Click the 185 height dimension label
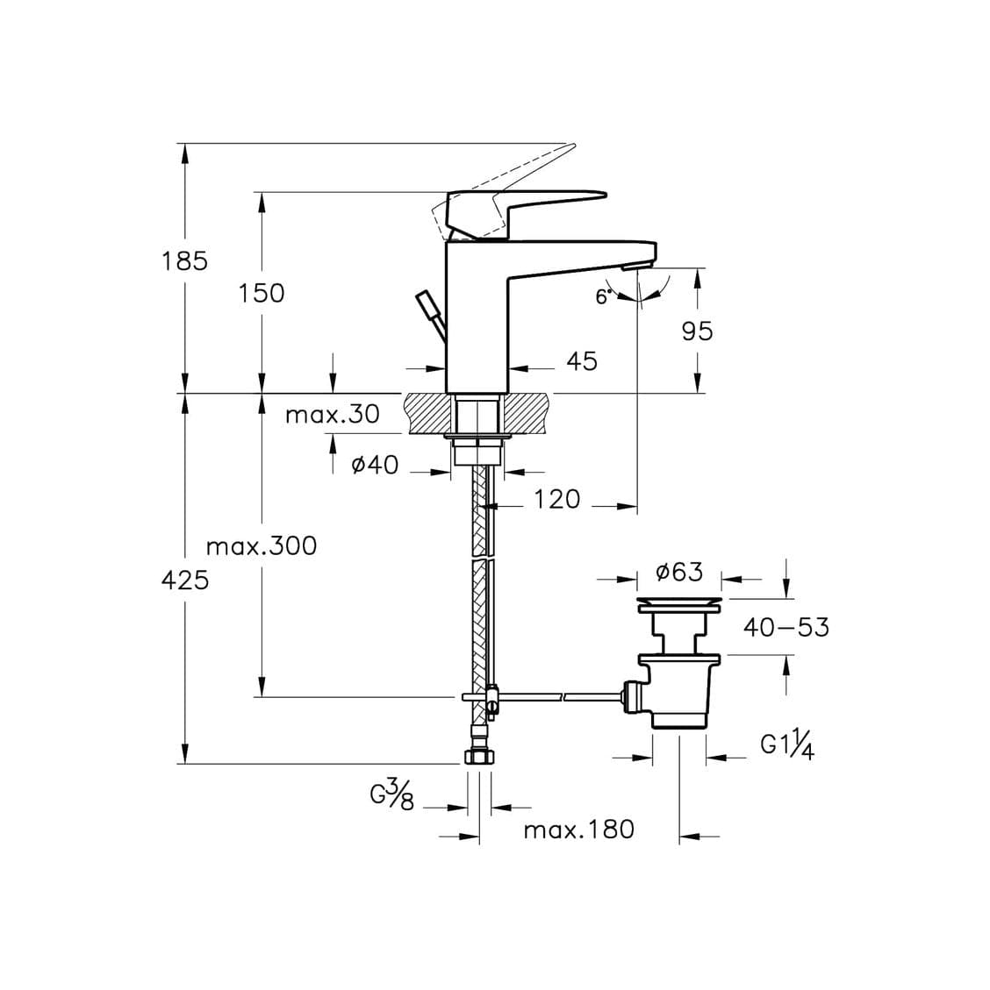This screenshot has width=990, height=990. click(184, 260)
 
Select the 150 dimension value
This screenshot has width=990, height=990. click(262, 293)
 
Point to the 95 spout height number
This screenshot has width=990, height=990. click(697, 331)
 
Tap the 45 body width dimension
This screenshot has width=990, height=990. click(581, 360)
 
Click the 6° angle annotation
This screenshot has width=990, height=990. click(604, 296)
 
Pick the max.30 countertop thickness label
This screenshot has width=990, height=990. click(332, 414)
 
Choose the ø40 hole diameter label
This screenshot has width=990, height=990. click(375, 465)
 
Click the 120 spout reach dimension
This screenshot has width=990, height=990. click(557, 499)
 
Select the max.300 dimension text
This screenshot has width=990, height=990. click(262, 546)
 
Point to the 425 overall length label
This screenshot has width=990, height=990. click(185, 580)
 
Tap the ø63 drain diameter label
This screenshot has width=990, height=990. click(679, 573)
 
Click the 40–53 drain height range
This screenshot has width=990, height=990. click(786, 627)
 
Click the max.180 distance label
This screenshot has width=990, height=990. click(578, 829)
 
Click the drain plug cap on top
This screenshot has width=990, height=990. click(679, 604)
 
